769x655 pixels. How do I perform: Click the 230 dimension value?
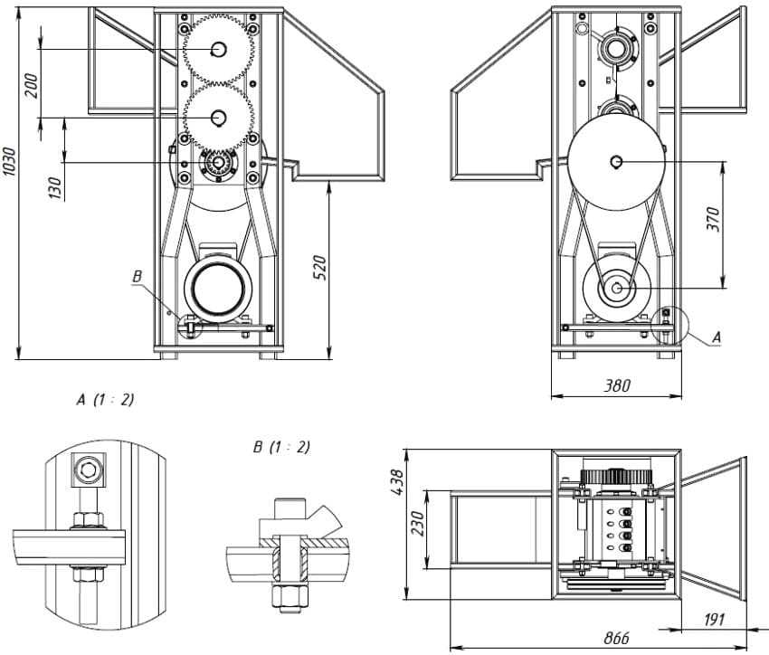click(x=417, y=522)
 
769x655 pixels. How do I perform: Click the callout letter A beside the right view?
click(x=717, y=336)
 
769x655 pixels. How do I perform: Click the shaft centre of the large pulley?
click(x=617, y=162)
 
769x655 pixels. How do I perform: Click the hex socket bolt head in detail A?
click(x=88, y=469)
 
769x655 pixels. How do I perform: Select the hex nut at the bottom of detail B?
click(x=289, y=596)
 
